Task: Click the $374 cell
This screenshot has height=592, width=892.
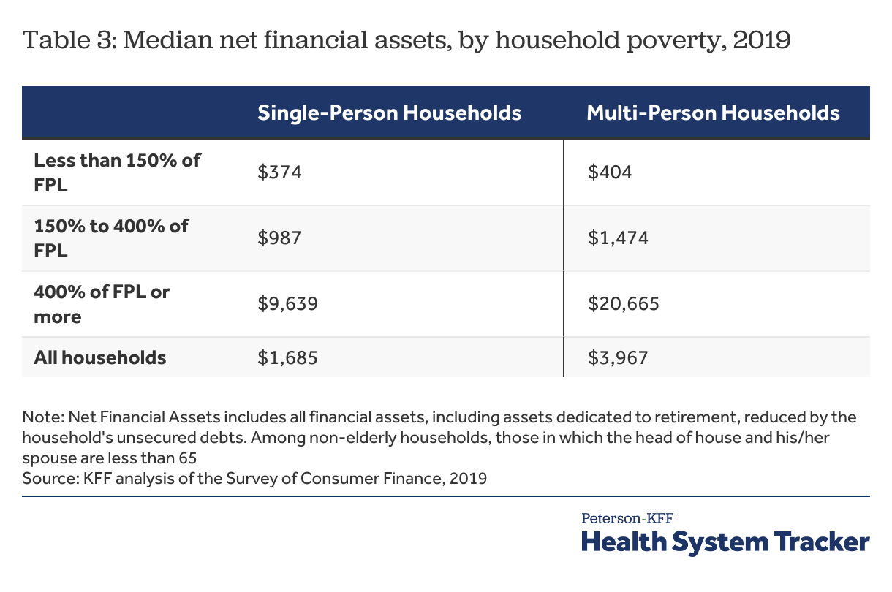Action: [279, 172]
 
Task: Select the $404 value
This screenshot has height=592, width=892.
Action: [610, 172]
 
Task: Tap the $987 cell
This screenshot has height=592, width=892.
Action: [279, 238]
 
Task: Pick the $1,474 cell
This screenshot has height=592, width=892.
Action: [618, 238]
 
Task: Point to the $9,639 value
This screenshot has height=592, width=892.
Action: [287, 303]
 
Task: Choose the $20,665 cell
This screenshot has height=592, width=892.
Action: [624, 303]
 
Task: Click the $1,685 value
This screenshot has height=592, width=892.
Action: [287, 357]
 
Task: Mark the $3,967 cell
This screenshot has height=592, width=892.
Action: [618, 357]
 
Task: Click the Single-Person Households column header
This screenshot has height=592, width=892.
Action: [389, 113]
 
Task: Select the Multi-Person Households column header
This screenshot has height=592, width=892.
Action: [713, 113]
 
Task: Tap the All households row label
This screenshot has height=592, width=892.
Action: [100, 357]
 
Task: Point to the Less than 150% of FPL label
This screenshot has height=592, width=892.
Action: [117, 172]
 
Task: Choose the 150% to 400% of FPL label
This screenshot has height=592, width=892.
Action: [111, 238]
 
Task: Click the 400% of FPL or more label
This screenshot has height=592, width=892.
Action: [102, 304]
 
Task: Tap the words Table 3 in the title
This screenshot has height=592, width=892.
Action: [69, 39]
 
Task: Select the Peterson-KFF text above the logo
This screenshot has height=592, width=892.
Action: [627, 518]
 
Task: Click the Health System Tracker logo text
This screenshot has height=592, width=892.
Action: [725, 542]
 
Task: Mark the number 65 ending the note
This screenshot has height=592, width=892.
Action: [188, 458]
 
